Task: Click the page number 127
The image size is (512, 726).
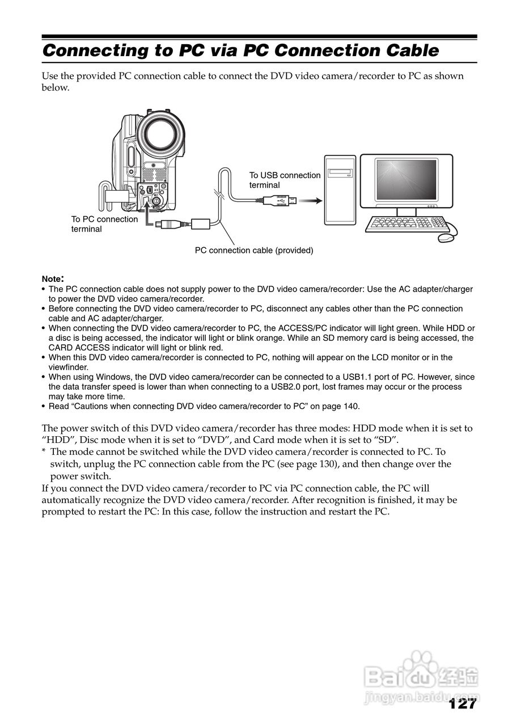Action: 462,704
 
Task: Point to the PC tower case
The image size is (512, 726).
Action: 340,191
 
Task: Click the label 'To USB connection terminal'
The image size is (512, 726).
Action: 285,180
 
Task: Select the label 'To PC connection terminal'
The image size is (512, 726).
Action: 104,224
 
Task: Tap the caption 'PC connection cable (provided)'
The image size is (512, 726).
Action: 254,250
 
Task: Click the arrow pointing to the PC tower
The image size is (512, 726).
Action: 310,200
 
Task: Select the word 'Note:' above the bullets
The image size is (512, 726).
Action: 53,279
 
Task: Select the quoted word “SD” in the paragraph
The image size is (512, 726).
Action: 386,440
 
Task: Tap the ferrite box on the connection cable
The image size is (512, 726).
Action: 202,222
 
